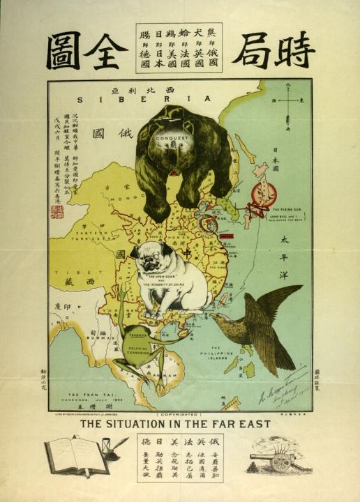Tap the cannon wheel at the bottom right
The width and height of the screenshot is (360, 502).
click(x=280, y=463)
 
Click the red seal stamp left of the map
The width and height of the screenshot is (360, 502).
click(x=57, y=211)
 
